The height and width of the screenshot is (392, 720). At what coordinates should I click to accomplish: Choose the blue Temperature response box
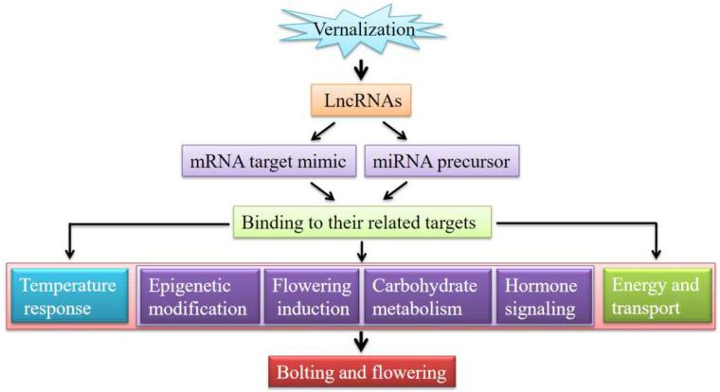pos(68,296)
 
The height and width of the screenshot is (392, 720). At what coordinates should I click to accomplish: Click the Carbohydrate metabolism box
pos(428,296)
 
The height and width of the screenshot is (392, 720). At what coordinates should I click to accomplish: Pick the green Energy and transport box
pos(656,295)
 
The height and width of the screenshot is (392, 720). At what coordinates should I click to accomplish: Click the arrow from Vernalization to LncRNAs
pos(361,70)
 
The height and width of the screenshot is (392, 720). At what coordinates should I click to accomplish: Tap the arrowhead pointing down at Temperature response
pos(69,253)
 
